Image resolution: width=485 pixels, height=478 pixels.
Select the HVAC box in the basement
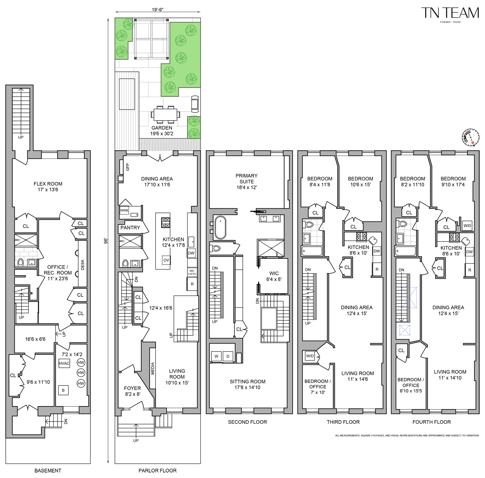coord(64,363)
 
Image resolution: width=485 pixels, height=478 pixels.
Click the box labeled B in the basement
coord(63,390)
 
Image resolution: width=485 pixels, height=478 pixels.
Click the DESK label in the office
coord(82,265)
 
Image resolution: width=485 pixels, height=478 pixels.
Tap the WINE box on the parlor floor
coord(124,210)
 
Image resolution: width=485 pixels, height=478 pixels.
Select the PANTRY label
coord(130,228)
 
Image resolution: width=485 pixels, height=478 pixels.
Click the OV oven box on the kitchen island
coord(166,260)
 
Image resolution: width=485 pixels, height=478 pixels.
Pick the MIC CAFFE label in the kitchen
coord(192,272)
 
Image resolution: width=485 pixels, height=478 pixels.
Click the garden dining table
coord(165,114)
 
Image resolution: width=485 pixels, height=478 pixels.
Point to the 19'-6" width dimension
coord(157,9)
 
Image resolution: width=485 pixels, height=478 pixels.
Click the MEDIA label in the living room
coord(153,368)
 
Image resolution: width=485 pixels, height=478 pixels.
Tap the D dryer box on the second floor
coord(228,356)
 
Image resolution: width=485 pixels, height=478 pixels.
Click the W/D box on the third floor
coord(310,356)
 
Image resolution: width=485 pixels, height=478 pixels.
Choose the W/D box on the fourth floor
coord(467,225)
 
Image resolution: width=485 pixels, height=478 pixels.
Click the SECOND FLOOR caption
coord(247,422)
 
